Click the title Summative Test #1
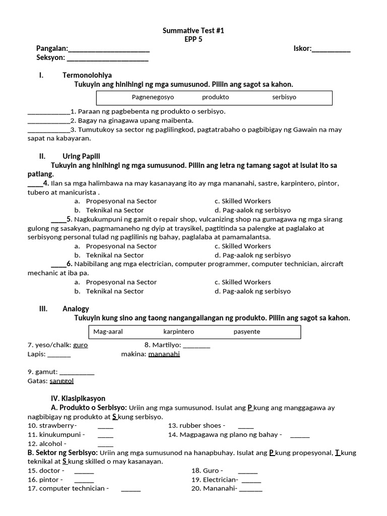(193, 31)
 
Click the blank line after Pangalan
(109, 49)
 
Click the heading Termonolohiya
(87, 75)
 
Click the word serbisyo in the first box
(284, 97)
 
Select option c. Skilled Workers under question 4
(242, 201)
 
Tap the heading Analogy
(76, 308)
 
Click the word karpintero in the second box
(178, 332)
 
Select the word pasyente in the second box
(247, 332)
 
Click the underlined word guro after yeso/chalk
(81, 345)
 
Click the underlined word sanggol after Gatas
(61, 381)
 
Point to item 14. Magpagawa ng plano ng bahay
(225, 434)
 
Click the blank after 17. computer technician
(131, 489)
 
